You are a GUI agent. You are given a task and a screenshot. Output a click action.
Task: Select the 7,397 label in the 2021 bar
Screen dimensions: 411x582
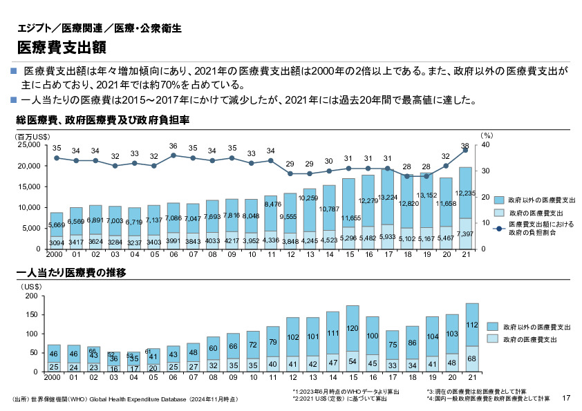465,234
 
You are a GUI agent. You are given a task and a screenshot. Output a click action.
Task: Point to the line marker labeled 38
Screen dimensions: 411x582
465,151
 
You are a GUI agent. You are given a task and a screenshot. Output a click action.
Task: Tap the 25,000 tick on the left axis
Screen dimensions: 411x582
29,145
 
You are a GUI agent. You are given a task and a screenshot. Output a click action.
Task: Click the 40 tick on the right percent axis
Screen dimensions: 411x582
485,145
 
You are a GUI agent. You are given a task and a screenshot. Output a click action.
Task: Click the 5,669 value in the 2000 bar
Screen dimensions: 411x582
57,224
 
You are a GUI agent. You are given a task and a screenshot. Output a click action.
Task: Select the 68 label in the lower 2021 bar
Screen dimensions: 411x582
472,359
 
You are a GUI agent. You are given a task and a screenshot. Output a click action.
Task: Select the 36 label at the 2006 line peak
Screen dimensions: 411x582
173,146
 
